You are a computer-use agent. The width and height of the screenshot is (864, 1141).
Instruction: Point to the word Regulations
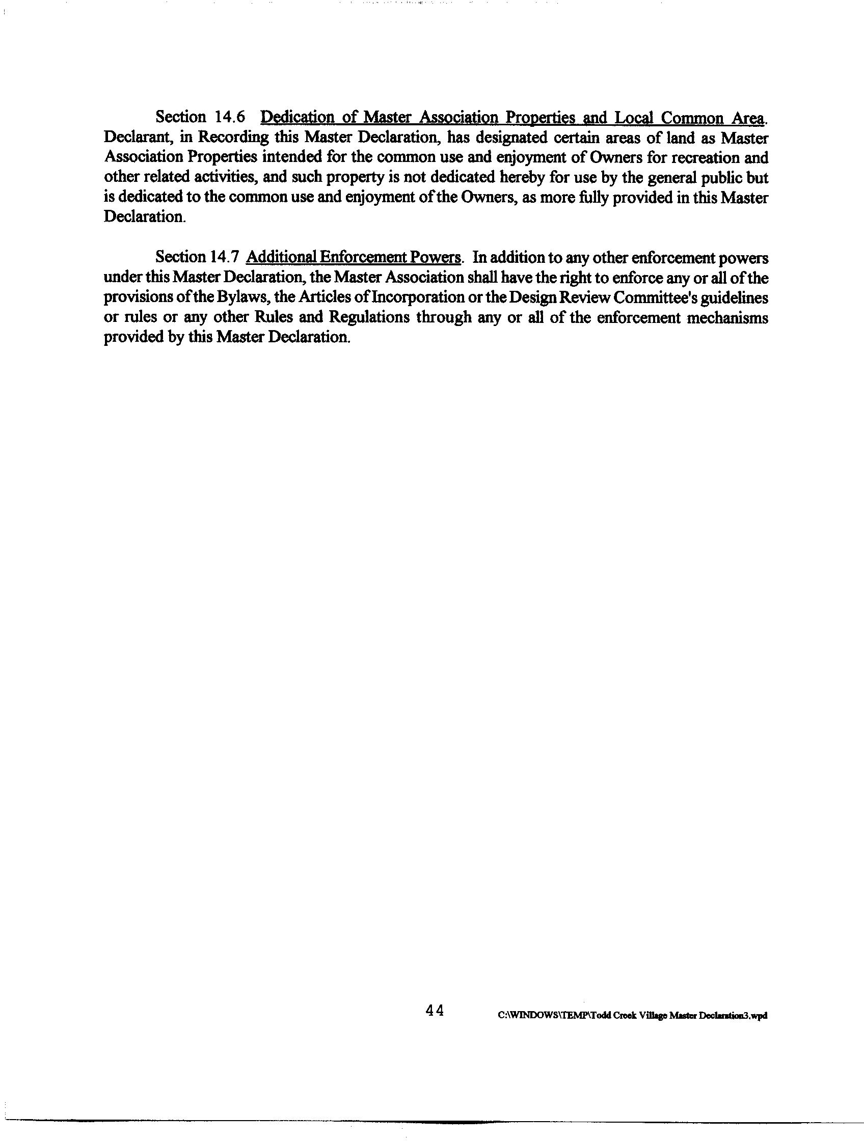click(x=369, y=317)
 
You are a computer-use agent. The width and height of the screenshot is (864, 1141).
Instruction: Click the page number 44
click(x=435, y=1011)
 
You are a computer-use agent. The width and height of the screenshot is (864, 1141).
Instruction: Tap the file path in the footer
click(x=632, y=1015)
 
